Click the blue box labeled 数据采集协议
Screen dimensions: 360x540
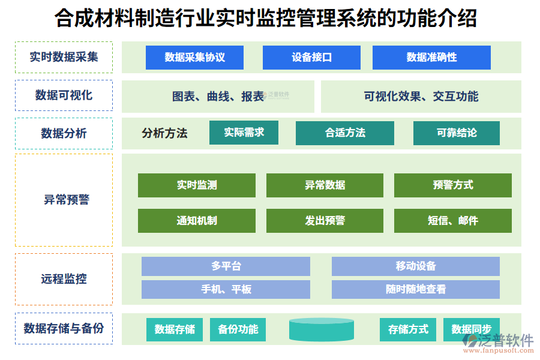click(x=194, y=58)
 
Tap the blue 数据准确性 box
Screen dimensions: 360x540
click(x=431, y=58)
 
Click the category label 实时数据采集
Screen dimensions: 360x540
click(x=64, y=58)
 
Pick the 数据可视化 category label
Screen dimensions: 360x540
click(x=64, y=95)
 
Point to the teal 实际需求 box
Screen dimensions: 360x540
click(x=244, y=133)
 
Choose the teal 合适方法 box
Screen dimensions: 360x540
click(x=344, y=133)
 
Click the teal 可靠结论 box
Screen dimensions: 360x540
click(x=456, y=133)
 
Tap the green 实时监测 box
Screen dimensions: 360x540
click(x=196, y=185)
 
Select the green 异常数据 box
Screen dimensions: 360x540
click(x=325, y=185)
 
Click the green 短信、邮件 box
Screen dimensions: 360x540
click(x=452, y=221)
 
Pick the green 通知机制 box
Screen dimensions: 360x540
click(x=196, y=221)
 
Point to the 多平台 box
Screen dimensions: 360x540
click(x=226, y=266)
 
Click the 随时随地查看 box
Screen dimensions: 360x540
click(x=415, y=289)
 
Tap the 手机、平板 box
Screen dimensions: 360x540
click(x=226, y=289)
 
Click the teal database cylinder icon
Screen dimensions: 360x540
click(x=321, y=329)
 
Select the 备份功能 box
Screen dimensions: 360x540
click(x=238, y=329)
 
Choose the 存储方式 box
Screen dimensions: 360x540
click(x=408, y=329)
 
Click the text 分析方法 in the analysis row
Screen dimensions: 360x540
click(x=164, y=133)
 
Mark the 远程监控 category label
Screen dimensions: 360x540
click(x=64, y=279)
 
